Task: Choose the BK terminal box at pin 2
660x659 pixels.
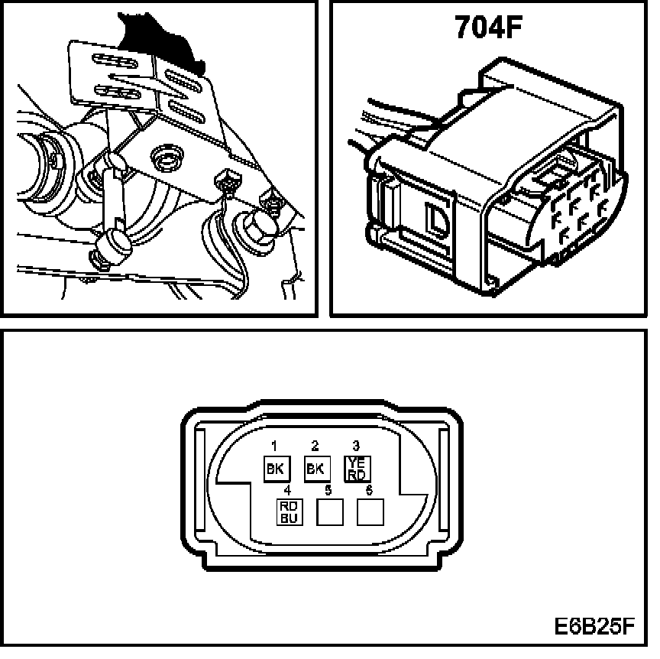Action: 314,469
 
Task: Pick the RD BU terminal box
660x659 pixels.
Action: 288,511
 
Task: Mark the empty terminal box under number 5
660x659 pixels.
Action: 328,512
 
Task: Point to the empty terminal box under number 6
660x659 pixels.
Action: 370,512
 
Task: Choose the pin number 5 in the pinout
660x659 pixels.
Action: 328,489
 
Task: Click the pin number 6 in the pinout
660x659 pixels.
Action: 370,489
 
